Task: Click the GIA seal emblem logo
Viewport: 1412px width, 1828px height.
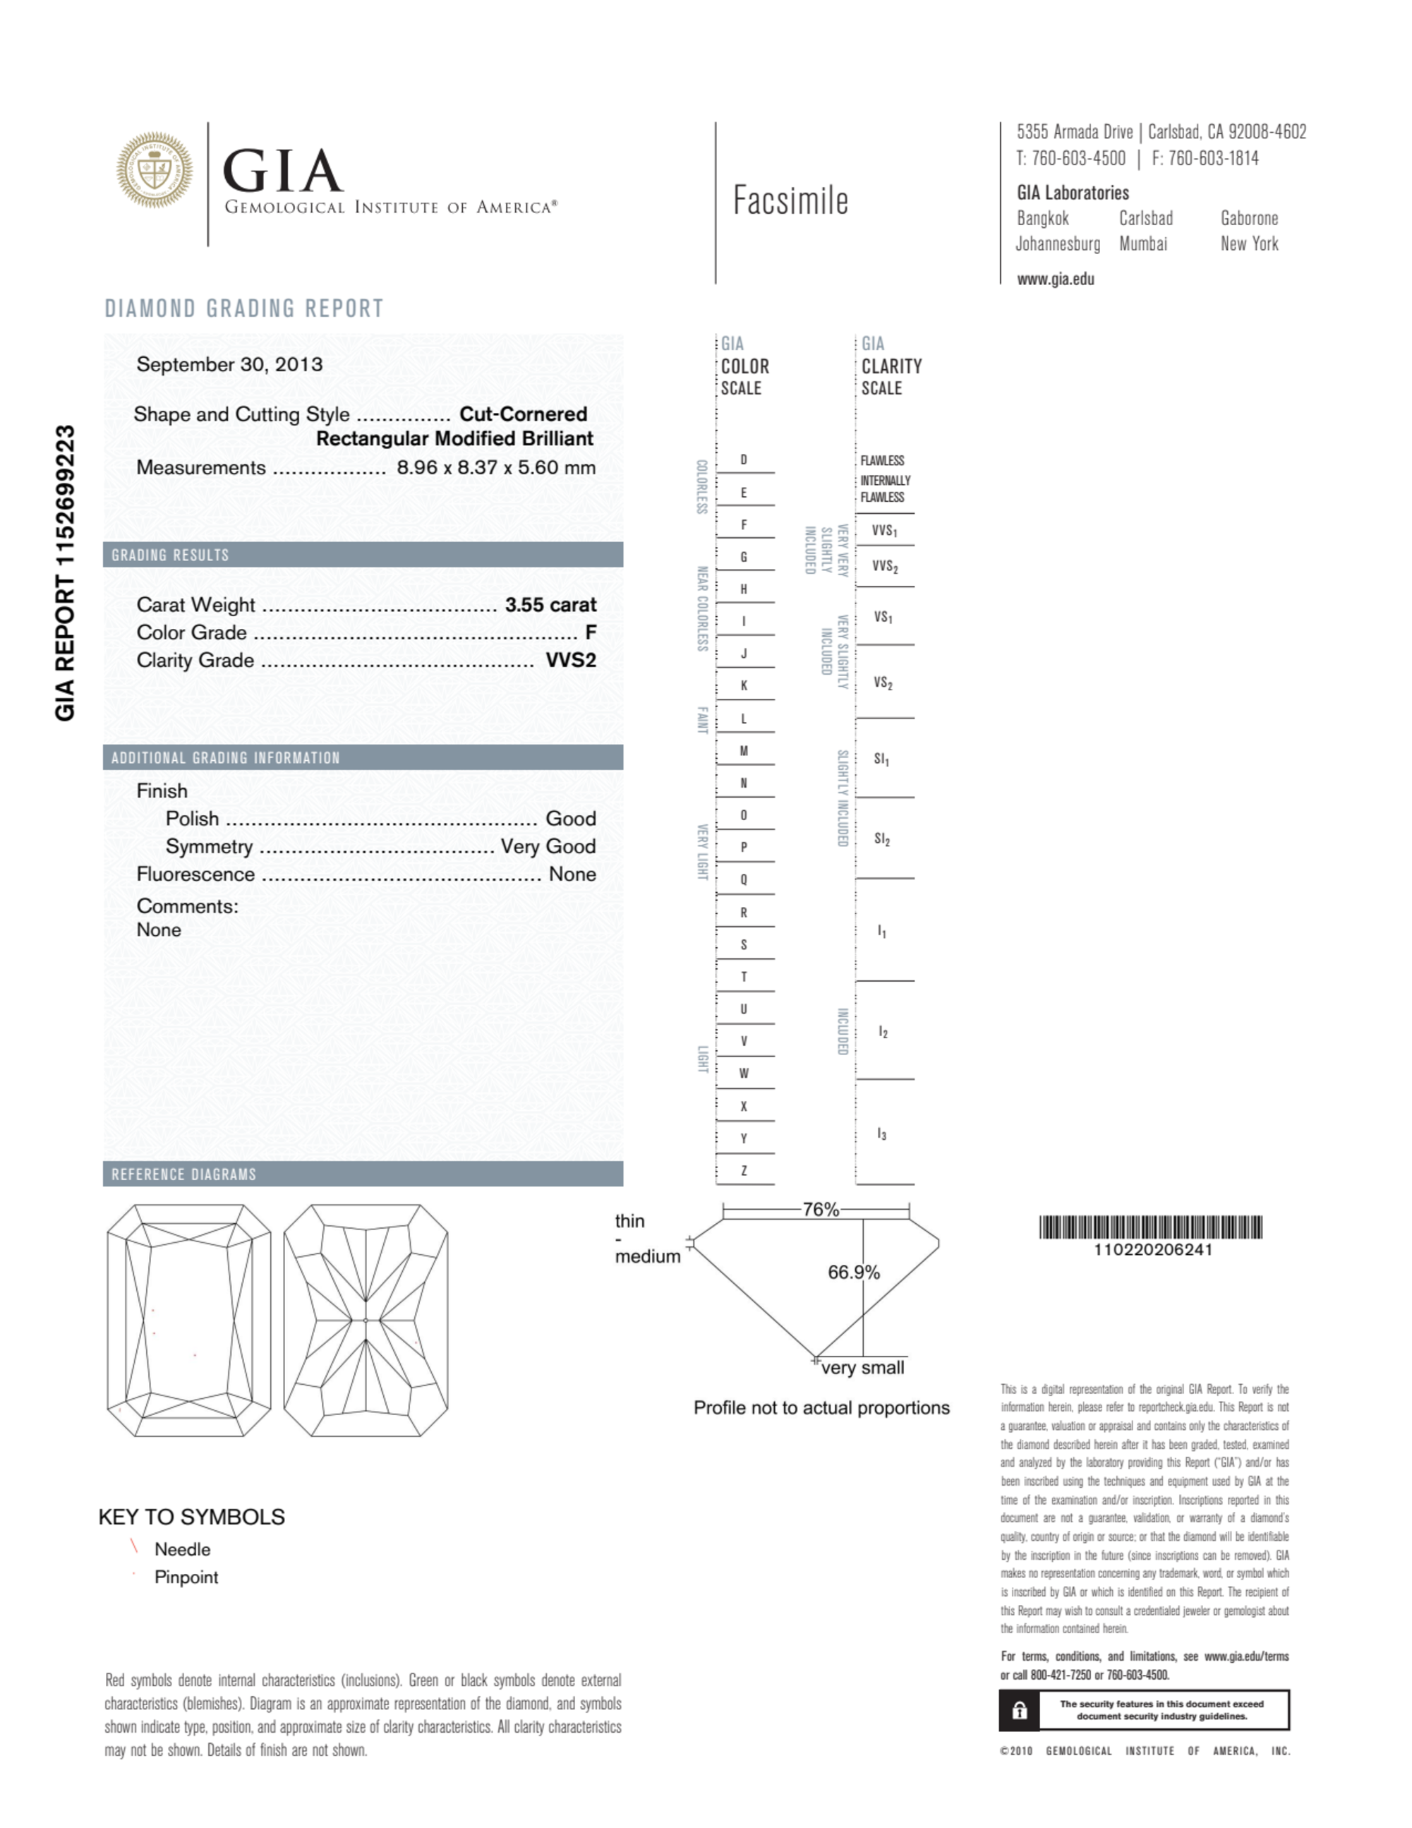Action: coord(154,169)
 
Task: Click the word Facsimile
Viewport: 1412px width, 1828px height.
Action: coord(790,201)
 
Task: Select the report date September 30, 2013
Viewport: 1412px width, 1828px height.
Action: coord(229,365)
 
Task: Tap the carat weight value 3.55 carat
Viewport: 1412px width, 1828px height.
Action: coord(550,605)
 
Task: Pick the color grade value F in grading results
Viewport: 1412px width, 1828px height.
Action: coord(590,633)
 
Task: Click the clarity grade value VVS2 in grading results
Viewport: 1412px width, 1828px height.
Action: coord(571,661)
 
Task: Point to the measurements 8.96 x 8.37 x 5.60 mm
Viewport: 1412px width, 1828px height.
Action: coord(495,468)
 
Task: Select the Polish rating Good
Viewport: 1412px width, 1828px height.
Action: coord(570,819)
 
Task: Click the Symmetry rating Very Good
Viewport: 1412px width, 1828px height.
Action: coord(548,846)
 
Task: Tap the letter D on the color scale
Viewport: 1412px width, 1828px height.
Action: coord(743,460)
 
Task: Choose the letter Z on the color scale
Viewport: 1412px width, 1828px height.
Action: coord(743,1171)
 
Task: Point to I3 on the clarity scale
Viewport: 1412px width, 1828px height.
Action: coord(881,1134)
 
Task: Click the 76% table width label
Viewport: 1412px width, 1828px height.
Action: coord(820,1210)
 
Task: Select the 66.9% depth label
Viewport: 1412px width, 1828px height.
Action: coord(853,1273)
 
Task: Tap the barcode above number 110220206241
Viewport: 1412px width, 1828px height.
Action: coord(1151,1228)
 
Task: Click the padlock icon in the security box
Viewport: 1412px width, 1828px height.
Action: coord(1020,1711)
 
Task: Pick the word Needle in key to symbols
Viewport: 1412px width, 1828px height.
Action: coord(181,1549)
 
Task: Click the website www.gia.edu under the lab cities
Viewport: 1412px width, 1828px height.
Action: coord(1055,279)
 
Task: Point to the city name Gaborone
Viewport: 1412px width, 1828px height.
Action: coord(1249,219)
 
